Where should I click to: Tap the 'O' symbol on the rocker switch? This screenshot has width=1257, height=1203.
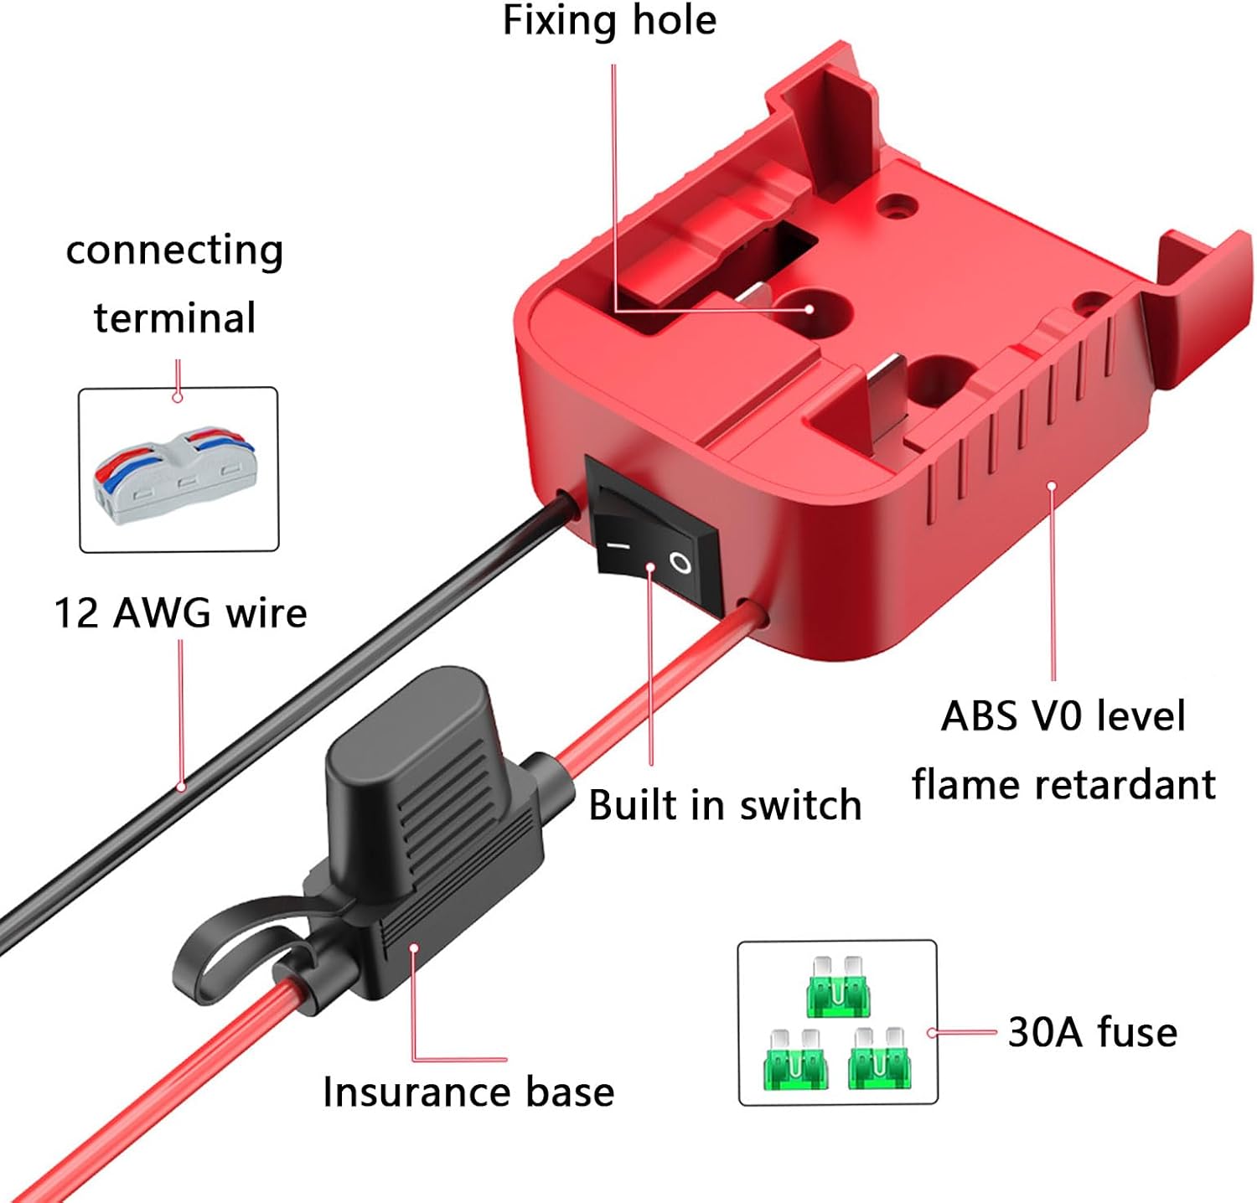[x=680, y=563]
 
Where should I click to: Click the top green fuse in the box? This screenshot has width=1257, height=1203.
[x=838, y=986]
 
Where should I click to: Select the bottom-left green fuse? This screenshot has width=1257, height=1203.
[x=794, y=1060]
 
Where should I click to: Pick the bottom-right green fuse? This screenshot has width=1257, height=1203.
[x=877, y=1060]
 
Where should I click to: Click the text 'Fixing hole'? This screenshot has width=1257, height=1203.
[x=609, y=20]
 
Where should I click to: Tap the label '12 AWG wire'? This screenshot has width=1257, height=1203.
[x=180, y=612]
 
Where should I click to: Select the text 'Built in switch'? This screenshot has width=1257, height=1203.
[x=725, y=805]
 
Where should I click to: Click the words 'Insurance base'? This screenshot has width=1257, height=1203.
[x=468, y=1092]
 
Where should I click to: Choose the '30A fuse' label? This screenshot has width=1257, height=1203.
[x=1092, y=1032]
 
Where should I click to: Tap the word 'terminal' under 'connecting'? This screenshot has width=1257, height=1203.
[x=174, y=318]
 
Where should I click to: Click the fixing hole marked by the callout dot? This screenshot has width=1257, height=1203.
[x=809, y=308]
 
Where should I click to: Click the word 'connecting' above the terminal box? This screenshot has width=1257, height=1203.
[x=174, y=250]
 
